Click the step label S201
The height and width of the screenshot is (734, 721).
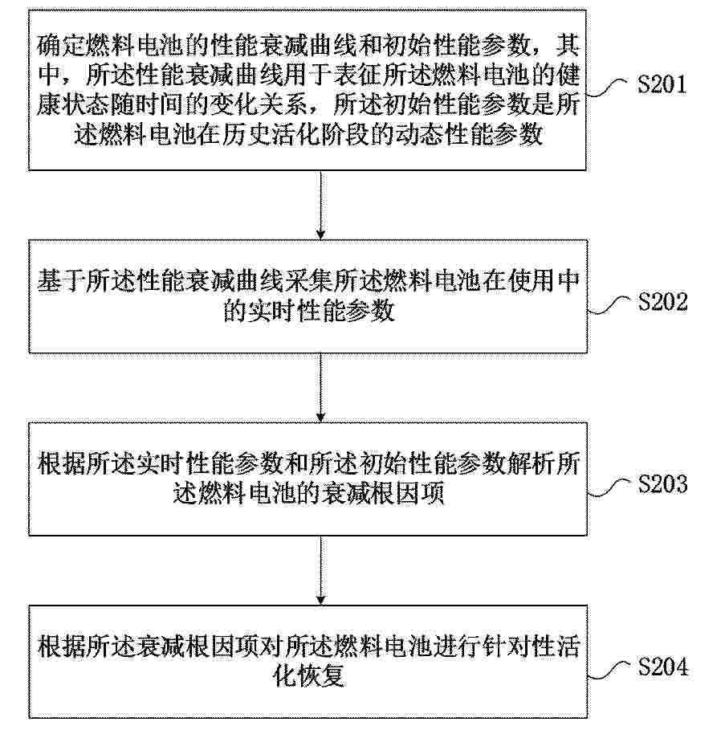tap(662, 85)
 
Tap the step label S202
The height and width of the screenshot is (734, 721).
tap(662, 302)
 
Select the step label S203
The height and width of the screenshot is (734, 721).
tap(662, 484)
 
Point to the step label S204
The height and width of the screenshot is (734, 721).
tap(663, 667)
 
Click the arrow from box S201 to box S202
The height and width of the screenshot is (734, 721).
tap(321, 205)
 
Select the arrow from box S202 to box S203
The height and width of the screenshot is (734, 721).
tap(321, 388)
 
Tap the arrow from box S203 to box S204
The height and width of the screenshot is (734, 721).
tap(321, 570)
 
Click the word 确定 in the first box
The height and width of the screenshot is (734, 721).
tap(61, 45)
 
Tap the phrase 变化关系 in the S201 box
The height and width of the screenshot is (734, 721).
tap(259, 105)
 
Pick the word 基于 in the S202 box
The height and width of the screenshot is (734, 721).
tap(61, 282)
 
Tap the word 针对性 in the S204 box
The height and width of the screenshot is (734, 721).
tap(519, 646)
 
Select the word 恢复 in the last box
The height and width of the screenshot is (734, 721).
tap(321, 677)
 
